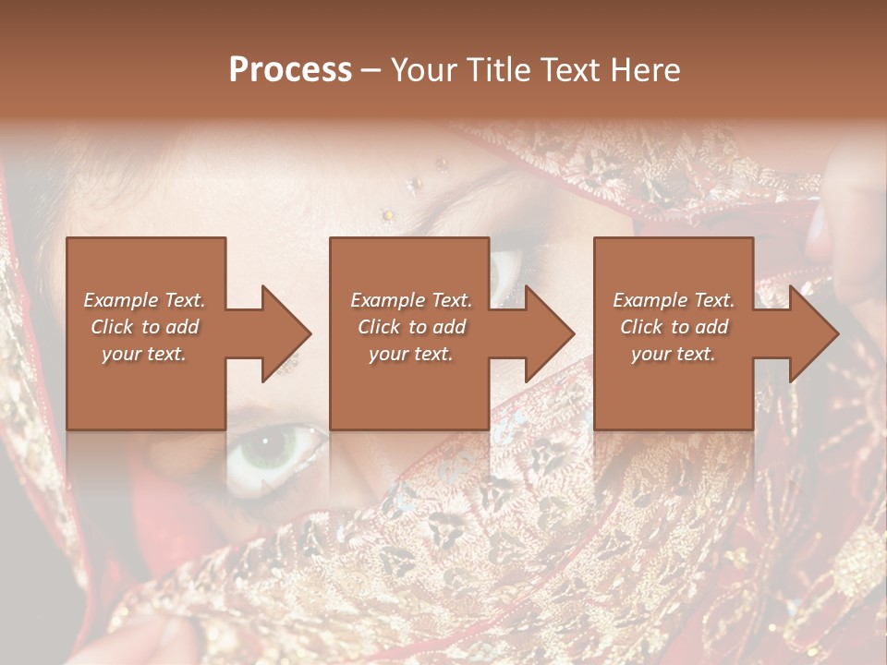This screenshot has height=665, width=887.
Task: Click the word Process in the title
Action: click(290, 70)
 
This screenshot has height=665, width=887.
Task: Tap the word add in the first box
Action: click(182, 327)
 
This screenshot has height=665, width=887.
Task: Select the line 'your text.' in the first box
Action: click(144, 354)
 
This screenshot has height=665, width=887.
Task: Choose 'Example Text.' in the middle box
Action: click(410, 300)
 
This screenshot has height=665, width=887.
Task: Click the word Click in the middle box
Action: click(379, 327)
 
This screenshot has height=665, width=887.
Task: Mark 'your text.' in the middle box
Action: click(410, 354)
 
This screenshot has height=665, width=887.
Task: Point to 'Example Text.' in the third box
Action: click(674, 300)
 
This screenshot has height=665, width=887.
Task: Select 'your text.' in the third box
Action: click(674, 354)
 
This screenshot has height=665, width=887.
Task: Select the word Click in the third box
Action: click(642, 327)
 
